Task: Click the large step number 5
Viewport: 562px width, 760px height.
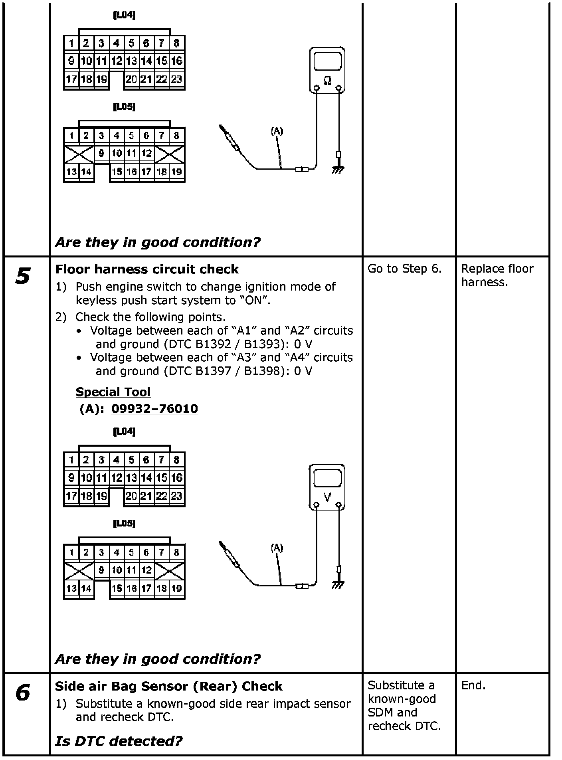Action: point(23,276)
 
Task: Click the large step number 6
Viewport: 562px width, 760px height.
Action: point(23,693)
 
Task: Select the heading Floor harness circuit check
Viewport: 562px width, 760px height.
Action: point(146,269)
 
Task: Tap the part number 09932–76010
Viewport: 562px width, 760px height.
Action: point(154,409)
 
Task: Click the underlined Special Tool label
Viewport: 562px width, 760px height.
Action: point(113,392)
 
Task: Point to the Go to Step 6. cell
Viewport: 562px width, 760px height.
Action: point(404,269)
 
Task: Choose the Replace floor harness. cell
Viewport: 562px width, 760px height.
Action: point(497,275)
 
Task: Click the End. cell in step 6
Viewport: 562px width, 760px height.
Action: point(473,686)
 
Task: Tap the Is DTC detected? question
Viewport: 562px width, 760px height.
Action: point(119,741)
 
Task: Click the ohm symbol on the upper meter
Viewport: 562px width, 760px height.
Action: point(327,81)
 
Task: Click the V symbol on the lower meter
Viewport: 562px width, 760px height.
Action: point(327,497)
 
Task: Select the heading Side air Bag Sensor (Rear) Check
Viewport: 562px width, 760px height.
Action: point(168,686)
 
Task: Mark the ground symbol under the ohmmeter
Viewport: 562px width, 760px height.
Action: point(338,170)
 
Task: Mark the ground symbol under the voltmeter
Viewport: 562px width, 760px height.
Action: point(338,586)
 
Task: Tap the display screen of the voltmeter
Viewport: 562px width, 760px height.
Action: point(327,478)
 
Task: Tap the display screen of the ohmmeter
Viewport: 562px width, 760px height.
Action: point(327,61)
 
